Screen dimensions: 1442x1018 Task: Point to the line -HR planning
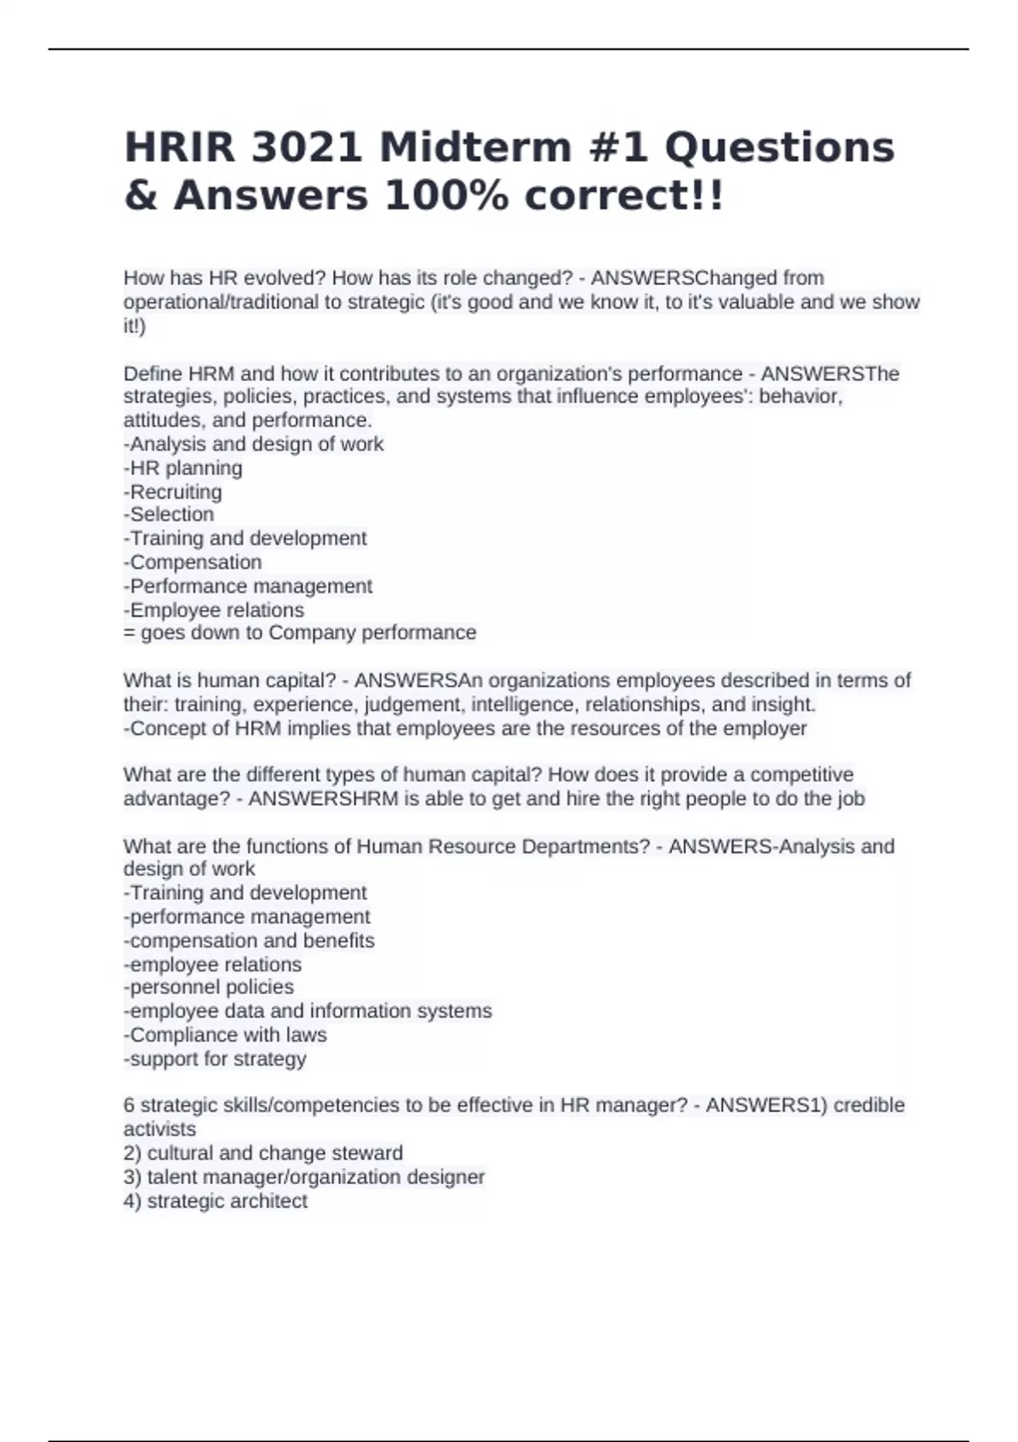(183, 468)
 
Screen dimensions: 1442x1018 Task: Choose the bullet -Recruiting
(173, 492)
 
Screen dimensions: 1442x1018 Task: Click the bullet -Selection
(169, 515)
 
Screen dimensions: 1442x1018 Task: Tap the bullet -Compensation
(193, 562)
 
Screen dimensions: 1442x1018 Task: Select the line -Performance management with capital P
(248, 586)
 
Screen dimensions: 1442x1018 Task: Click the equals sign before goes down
(129, 633)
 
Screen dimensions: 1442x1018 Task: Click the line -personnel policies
(209, 987)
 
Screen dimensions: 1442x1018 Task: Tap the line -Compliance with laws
(225, 1035)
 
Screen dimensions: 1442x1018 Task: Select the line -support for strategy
(215, 1059)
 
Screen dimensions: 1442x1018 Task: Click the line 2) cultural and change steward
(263, 1154)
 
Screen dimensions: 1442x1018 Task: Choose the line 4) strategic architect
(215, 1201)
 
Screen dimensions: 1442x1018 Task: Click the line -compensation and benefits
(249, 941)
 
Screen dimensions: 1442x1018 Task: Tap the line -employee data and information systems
(307, 1011)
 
